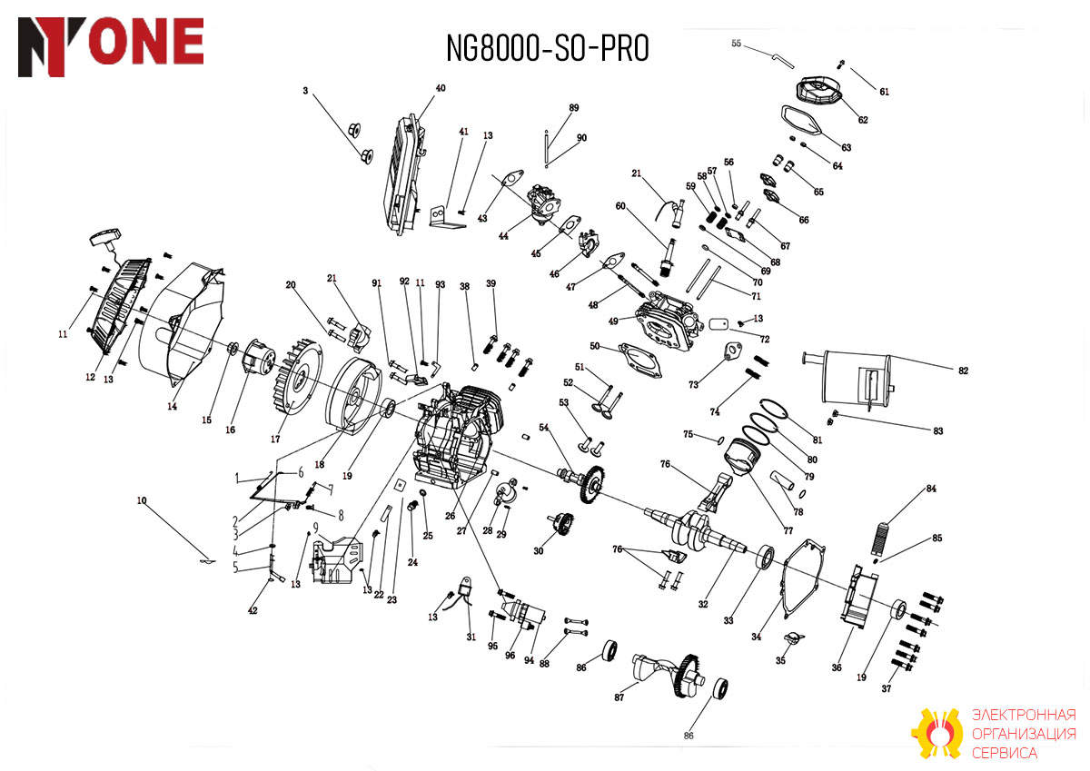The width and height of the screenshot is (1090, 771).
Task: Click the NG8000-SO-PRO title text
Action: pyautogui.click(x=548, y=48)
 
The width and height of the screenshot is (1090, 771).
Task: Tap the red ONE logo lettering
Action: pyautogui.click(x=146, y=41)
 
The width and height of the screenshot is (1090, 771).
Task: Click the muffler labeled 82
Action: pyautogui.click(x=849, y=377)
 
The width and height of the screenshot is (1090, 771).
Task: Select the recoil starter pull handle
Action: pyautogui.click(x=103, y=240)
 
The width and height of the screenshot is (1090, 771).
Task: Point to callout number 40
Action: pyautogui.click(x=441, y=88)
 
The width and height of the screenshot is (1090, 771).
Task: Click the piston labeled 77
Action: pyautogui.click(x=742, y=457)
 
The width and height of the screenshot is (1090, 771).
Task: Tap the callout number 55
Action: pyautogui.click(x=737, y=44)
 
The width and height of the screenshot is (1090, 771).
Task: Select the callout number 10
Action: pyautogui.click(x=142, y=500)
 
